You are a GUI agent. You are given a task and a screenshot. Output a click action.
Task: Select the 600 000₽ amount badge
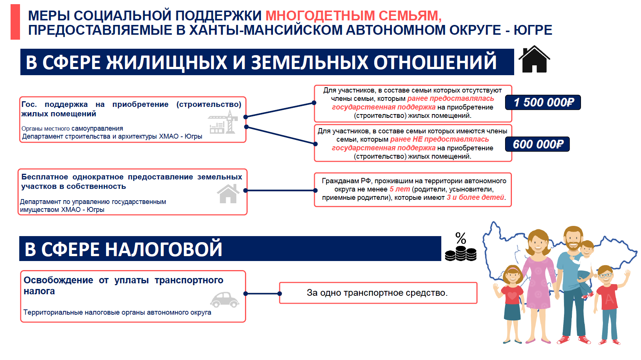(538, 144)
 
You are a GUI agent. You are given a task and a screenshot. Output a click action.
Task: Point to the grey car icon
(225, 300)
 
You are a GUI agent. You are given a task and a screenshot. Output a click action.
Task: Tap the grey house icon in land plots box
(228, 194)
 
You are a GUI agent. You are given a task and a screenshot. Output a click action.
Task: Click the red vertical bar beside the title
(15, 22)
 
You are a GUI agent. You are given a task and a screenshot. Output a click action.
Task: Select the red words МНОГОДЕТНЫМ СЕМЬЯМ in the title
(353, 16)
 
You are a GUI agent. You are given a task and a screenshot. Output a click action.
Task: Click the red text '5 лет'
(399, 189)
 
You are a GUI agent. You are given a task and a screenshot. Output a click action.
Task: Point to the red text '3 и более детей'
(475, 198)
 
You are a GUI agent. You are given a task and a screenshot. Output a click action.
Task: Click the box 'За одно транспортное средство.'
(378, 293)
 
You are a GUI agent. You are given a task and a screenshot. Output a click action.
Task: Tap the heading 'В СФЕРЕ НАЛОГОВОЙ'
(123, 249)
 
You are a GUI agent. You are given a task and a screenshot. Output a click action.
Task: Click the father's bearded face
(573, 239)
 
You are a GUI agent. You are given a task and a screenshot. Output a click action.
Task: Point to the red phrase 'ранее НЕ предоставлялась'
(439, 139)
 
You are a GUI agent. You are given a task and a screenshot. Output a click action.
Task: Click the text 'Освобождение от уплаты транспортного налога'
(123, 286)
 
